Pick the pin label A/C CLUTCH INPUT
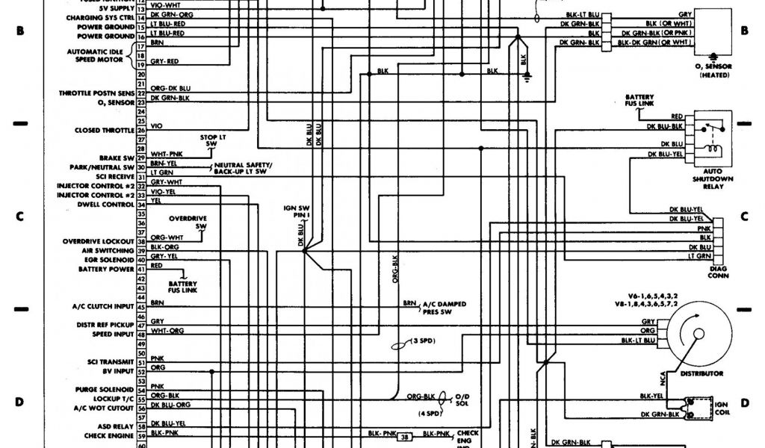click(x=103, y=306)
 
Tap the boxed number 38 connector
click(x=404, y=438)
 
